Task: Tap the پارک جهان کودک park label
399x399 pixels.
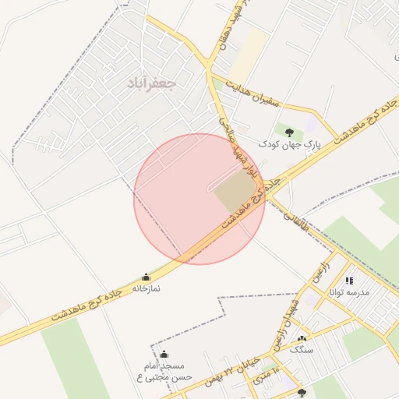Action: tap(289, 144)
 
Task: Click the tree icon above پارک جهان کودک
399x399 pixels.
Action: tap(289, 132)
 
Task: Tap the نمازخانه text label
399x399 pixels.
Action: tap(145, 288)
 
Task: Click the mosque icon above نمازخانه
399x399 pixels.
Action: tap(146, 277)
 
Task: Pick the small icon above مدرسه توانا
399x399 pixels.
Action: tap(349, 281)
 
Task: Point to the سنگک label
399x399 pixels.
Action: tap(300, 351)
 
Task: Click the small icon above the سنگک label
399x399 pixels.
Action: tap(302, 338)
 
